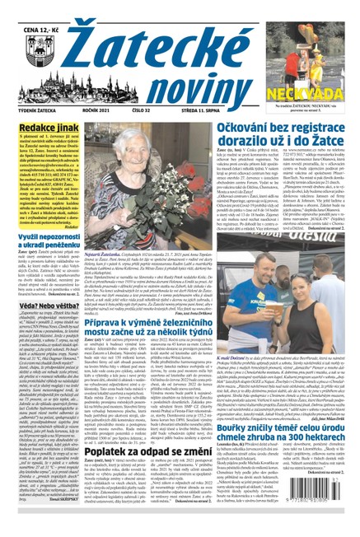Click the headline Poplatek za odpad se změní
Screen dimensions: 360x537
pos(169,453)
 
